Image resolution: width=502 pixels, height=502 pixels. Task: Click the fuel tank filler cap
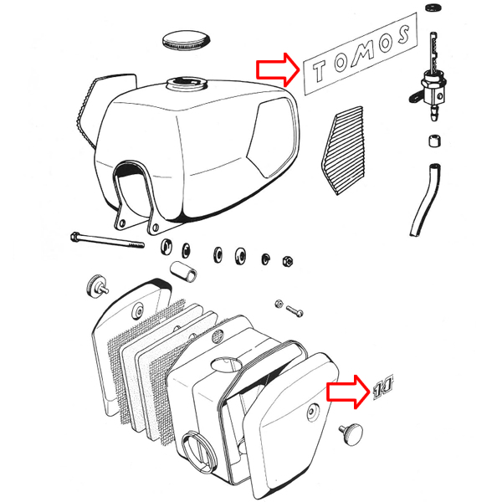coord(186,41)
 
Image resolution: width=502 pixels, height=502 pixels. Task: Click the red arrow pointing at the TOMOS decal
coord(278,69)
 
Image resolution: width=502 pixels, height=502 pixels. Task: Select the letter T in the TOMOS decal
coord(320,69)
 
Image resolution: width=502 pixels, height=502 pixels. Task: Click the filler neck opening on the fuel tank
coord(187,85)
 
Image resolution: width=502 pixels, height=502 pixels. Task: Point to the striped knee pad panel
coord(343,151)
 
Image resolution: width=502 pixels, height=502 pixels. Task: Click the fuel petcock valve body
coord(433,89)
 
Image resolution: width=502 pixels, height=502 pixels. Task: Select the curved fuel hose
coord(425,200)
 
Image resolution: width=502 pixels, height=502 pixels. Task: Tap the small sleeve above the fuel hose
coord(434,141)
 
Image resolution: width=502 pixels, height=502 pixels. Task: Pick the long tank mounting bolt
coord(107,240)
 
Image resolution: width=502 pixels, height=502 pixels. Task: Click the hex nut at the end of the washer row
coord(288,260)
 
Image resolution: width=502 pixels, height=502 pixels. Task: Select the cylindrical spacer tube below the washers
coord(183,271)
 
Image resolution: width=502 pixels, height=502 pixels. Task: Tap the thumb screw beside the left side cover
coord(97,285)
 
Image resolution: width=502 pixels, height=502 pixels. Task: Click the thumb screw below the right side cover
coord(351,434)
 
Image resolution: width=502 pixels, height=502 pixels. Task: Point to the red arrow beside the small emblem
coord(348,392)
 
